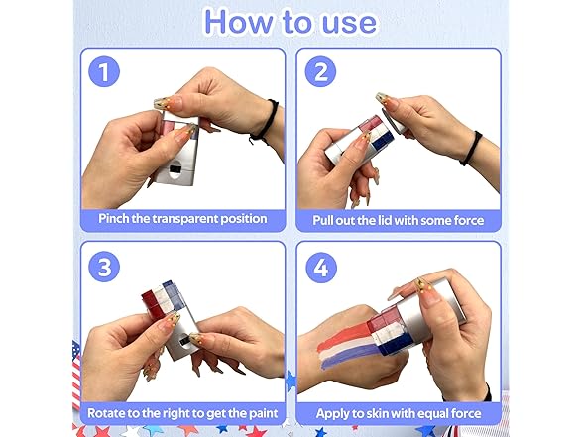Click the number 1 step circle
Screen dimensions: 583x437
click(104, 71)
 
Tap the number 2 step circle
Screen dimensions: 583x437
click(320, 71)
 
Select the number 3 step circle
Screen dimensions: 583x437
click(104, 267)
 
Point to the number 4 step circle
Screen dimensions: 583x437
click(321, 268)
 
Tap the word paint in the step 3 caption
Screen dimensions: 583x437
click(262, 413)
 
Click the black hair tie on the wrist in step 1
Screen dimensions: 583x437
click(265, 121)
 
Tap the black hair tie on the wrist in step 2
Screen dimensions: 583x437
click(471, 148)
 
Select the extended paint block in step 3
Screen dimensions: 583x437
click(164, 298)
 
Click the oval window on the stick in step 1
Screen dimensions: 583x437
click(175, 169)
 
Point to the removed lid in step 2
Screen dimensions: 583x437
click(394, 122)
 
